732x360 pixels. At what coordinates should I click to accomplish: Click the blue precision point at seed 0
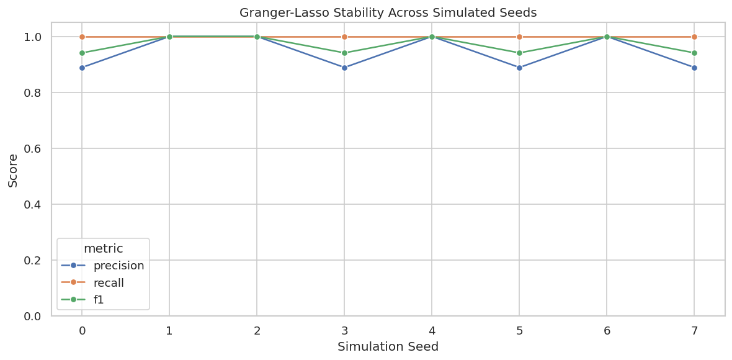tap(82, 68)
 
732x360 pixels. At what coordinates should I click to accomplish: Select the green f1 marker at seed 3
tap(344, 53)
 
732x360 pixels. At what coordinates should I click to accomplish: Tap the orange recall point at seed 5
tap(519, 37)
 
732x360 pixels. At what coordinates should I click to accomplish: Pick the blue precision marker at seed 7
tap(694, 68)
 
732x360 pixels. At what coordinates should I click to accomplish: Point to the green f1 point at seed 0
tap(82, 53)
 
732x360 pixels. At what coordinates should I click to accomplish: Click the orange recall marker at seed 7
tap(694, 37)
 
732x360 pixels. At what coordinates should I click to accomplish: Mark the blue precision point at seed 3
tap(344, 68)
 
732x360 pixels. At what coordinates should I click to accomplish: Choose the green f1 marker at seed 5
tap(519, 53)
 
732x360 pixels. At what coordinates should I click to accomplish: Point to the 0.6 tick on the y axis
tap(35, 148)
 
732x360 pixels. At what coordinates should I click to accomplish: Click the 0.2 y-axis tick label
tap(35, 260)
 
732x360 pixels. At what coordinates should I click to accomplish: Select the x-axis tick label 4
tap(432, 331)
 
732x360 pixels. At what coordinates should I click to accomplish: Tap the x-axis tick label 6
tap(607, 331)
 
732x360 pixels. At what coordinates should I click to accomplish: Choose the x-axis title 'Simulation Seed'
tap(388, 347)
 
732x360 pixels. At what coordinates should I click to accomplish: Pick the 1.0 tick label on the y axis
tap(35, 37)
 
